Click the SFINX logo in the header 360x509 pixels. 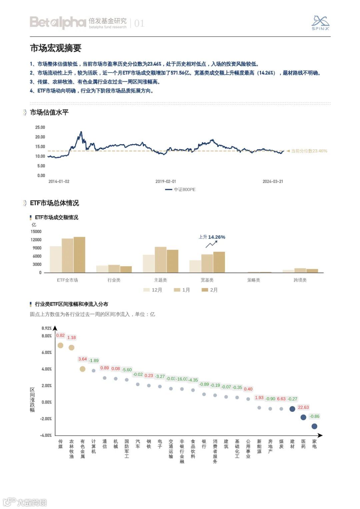click(320, 23)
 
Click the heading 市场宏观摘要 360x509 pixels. click(56, 48)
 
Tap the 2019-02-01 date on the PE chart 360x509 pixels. click(166, 182)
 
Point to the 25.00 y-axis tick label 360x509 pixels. click(40, 127)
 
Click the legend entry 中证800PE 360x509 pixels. click(181, 190)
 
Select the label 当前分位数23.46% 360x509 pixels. click(309, 151)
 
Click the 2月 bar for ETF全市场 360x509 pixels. click(79, 255)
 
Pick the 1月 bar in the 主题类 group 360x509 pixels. click(160, 260)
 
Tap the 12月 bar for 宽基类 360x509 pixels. click(195, 266)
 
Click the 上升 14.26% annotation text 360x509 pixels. click(212, 237)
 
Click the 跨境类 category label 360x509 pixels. click(300, 280)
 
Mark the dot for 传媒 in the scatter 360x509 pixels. click(60, 345)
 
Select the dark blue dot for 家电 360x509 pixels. click(314, 426)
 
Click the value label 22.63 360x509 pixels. click(303, 407)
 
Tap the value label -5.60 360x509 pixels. click(127, 370)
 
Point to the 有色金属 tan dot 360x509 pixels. click(83, 369)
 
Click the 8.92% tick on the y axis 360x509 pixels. click(46, 328)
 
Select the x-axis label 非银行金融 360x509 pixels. click(182, 451)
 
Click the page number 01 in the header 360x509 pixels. click(139, 23)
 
